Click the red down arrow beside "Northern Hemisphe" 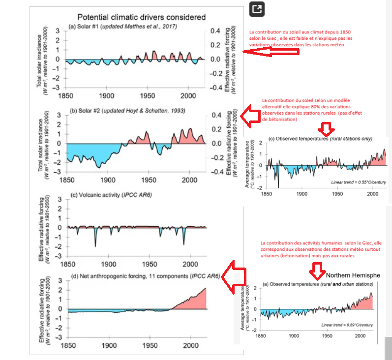click(x=316, y=270)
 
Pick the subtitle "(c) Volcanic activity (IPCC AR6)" click(x=109, y=196)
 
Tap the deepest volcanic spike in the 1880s click(x=95, y=245)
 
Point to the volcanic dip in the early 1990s click(x=183, y=243)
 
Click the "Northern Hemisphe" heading click(x=353, y=275)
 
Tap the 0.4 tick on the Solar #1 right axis click(x=215, y=30)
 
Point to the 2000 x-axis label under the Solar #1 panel click(x=188, y=95)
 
